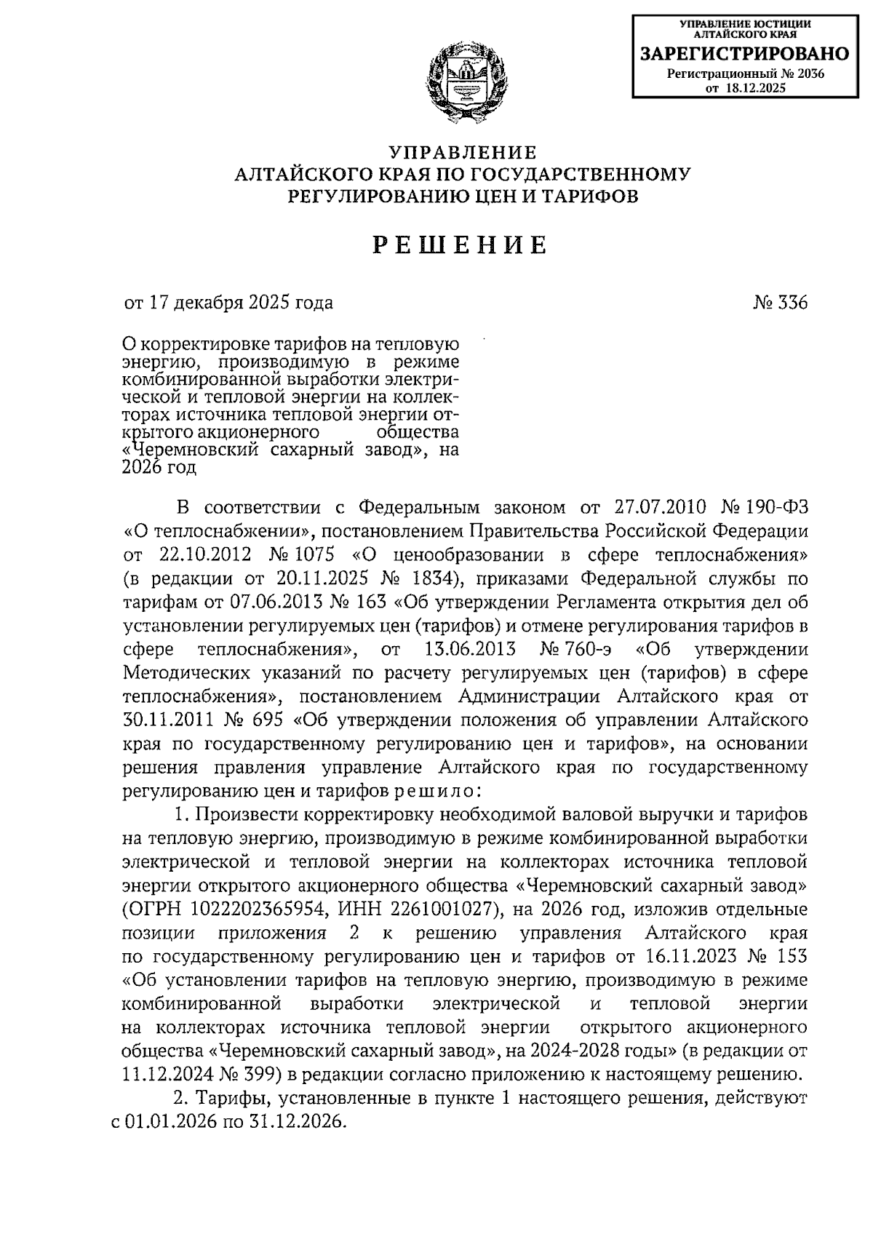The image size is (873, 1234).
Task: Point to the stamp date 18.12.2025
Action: pos(756,88)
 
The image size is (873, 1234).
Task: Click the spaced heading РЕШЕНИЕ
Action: pos(460,246)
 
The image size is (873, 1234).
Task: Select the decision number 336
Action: pos(791,303)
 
